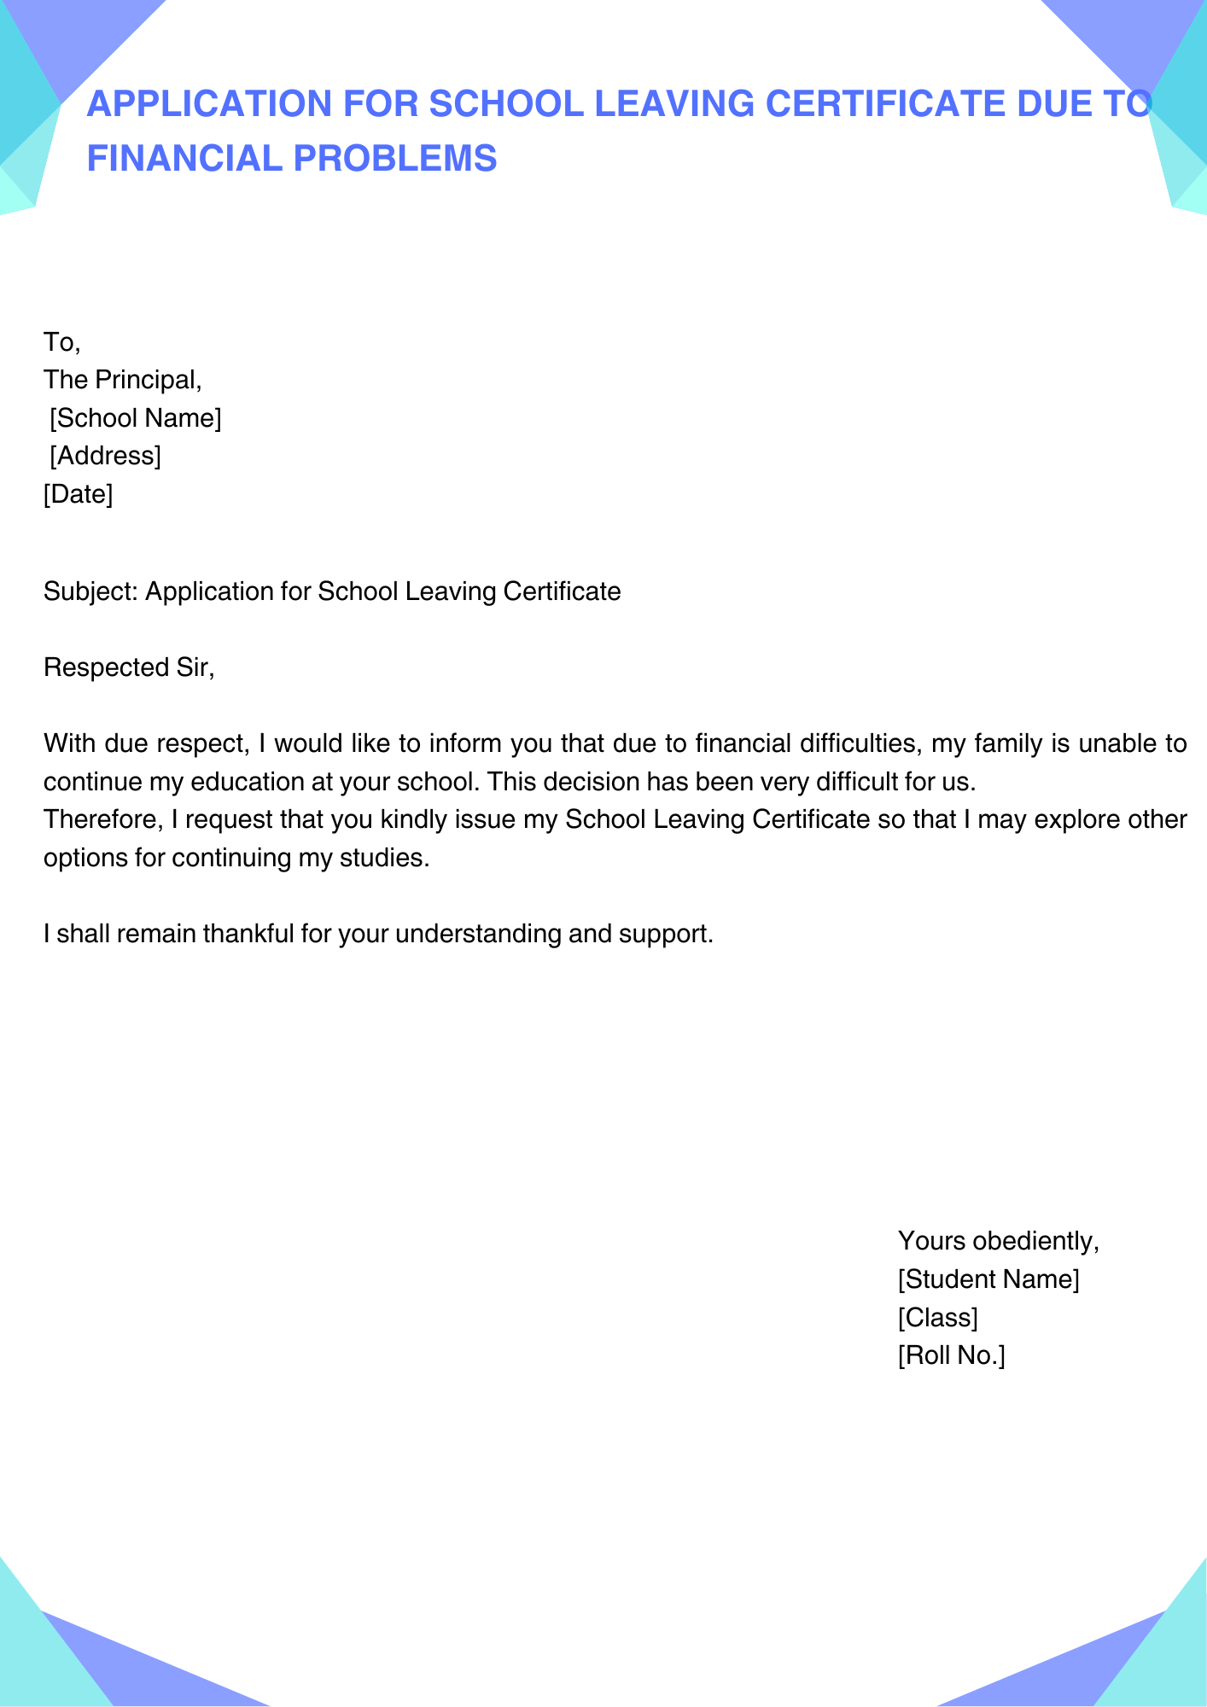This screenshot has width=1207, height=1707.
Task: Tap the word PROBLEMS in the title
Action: (x=395, y=159)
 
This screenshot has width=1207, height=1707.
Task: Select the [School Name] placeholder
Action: (x=136, y=418)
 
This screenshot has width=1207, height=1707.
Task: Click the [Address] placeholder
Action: (x=105, y=456)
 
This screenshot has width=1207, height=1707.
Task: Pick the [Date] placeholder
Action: (x=79, y=493)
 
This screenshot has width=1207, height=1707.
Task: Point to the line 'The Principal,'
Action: (x=123, y=380)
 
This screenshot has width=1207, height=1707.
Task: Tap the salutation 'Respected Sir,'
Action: (x=129, y=667)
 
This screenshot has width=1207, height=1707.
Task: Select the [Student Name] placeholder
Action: (x=988, y=1279)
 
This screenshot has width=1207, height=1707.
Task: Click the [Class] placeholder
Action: (x=937, y=1318)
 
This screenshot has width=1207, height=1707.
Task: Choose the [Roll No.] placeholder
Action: (x=951, y=1355)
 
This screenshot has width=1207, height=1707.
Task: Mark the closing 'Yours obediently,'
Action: (x=999, y=1241)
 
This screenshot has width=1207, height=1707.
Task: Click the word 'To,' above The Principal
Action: (x=61, y=342)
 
